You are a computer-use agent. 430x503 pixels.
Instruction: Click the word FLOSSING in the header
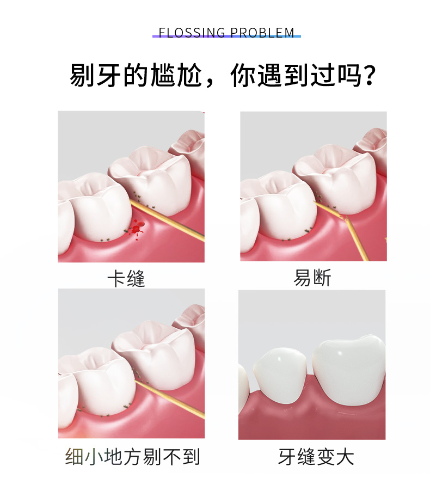tap(192, 33)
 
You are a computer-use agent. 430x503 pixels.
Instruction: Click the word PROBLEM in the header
tap(262, 33)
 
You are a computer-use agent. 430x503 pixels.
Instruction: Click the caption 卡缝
tap(126, 278)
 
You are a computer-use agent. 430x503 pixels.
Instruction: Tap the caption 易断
tap(312, 278)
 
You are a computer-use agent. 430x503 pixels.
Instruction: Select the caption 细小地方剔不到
tap(132, 457)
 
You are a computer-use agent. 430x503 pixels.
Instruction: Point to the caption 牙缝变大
tap(316, 457)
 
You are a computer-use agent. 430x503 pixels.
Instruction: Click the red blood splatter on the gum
tap(137, 229)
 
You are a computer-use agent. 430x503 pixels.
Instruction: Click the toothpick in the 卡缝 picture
tap(167, 219)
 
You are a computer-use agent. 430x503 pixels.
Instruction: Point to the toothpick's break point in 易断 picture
tap(346, 218)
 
